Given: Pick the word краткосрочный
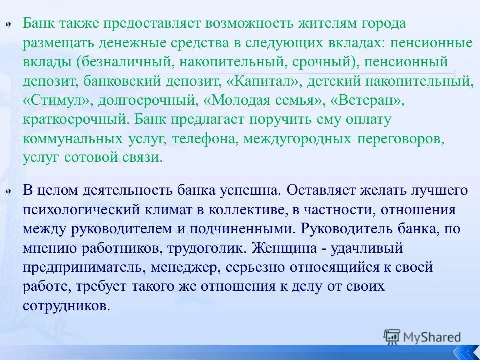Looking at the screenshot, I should [72, 119].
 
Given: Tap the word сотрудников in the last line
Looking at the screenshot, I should [65, 305].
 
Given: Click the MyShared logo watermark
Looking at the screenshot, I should [422, 337].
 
